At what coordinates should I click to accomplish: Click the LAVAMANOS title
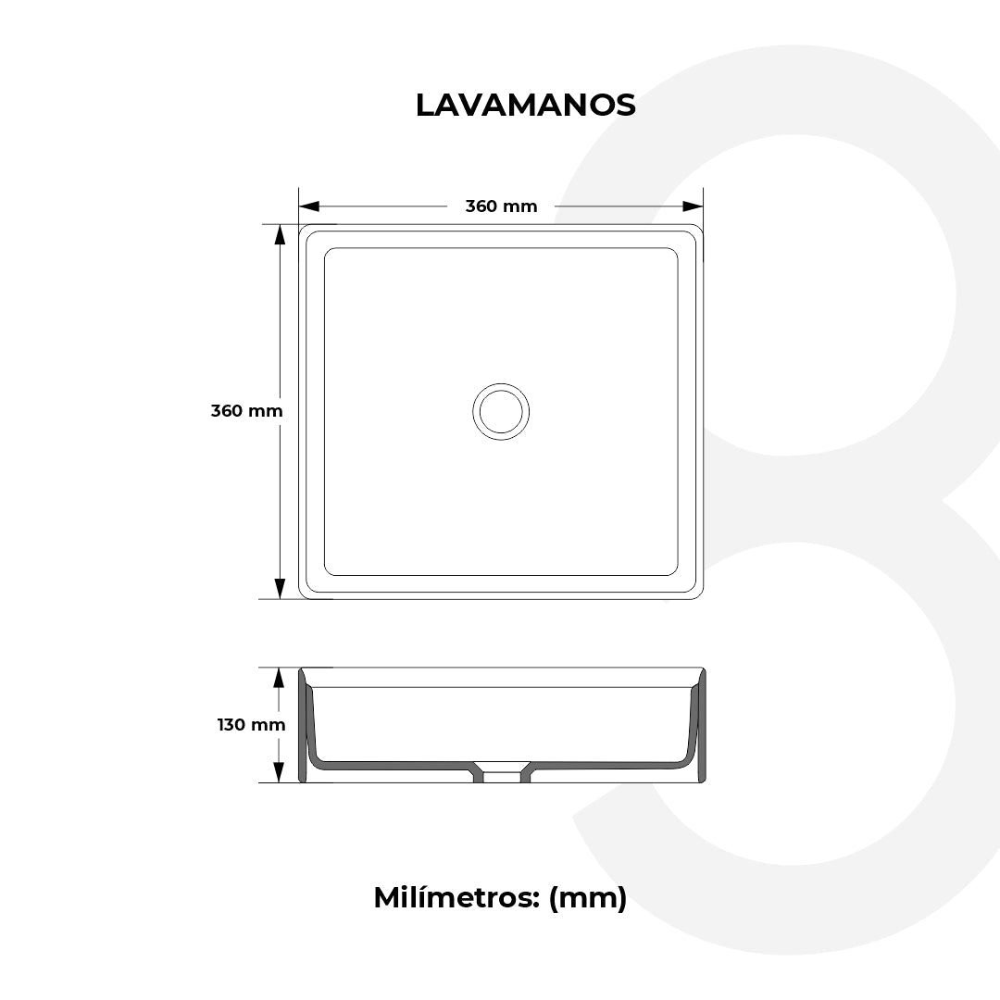[525, 106]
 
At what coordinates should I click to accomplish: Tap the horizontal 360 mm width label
[501, 206]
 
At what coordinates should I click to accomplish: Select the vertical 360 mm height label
[246, 411]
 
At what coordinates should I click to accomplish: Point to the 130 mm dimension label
[251, 725]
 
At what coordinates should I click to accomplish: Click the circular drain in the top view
[501, 410]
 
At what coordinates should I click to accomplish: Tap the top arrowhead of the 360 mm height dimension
[280, 235]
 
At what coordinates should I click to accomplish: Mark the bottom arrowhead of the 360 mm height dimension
[280, 588]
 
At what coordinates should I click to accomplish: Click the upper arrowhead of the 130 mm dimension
[278, 678]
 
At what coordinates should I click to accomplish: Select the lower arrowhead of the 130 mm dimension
[278, 772]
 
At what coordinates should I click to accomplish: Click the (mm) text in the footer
[588, 897]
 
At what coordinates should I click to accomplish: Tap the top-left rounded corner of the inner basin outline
[329, 253]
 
